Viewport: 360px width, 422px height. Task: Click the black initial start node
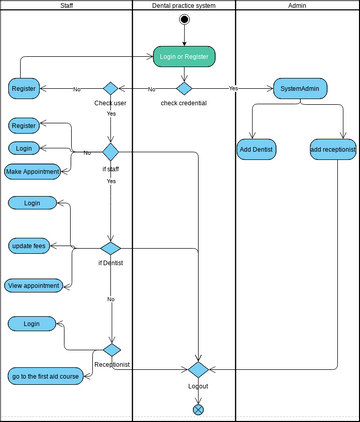[x=184, y=19]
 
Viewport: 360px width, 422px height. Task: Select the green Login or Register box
[x=184, y=57]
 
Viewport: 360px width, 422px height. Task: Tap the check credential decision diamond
[x=184, y=88]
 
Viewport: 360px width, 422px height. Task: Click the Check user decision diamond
[x=111, y=88]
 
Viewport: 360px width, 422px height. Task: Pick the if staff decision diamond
[x=111, y=152]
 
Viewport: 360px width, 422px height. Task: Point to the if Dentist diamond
[x=111, y=248]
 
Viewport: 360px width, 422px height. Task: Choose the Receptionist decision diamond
[x=111, y=350]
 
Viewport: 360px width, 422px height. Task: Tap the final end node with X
[x=198, y=408]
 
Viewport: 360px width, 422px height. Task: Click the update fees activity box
[x=29, y=245]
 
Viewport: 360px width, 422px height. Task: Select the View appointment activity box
[x=33, y=285]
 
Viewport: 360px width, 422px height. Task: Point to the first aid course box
[x=45, y=376]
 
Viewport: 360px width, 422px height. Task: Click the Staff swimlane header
[x=66, y=6]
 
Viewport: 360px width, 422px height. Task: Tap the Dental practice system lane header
[x=184, y=6]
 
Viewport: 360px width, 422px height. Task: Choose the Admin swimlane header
[x=297, y=6]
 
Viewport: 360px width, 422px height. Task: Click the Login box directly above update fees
[x=32, y=203]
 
